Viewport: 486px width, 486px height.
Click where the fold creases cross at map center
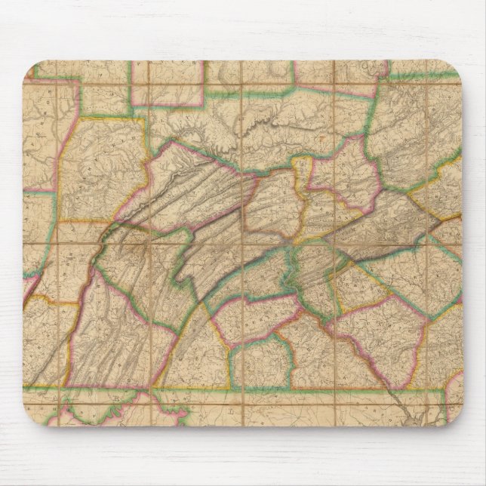pos(243,243)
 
